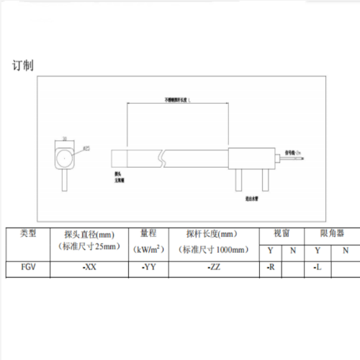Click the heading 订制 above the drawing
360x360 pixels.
tap(22, 66)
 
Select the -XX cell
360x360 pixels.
tap(89, 266)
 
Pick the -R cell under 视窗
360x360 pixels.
tap(271, 266)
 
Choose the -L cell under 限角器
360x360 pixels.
tap(317, 266)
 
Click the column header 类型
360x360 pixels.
tap(32, 234)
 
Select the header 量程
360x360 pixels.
tap(148, 234)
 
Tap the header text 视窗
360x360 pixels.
tap(282, 234)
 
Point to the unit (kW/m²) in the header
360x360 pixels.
tap(148, 249)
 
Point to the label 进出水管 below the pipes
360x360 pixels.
tap(253, 196)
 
